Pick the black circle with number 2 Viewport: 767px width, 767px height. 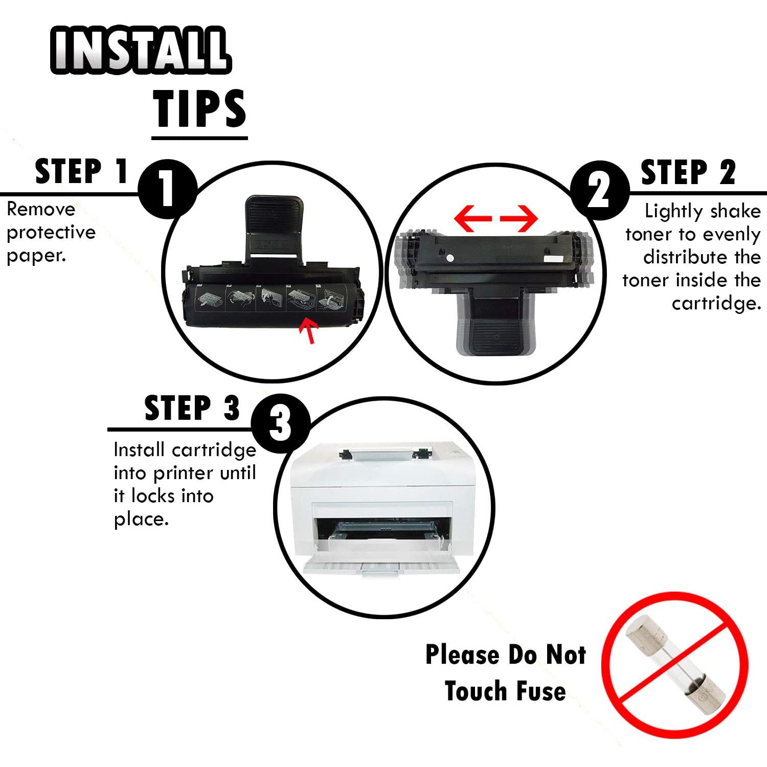(599, 190)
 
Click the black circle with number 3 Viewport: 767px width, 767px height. (281, 423)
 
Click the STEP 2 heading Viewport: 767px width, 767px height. (688, 172)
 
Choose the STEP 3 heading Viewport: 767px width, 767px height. (192, 408)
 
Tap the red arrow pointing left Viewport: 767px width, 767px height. (473, 218)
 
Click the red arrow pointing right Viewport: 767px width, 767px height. (518, 218)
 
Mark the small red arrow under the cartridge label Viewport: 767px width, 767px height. (309, 330)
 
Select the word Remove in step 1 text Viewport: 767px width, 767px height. (41, 209)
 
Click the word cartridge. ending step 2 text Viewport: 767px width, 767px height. (716, 304)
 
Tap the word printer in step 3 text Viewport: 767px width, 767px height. (184, 473)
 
